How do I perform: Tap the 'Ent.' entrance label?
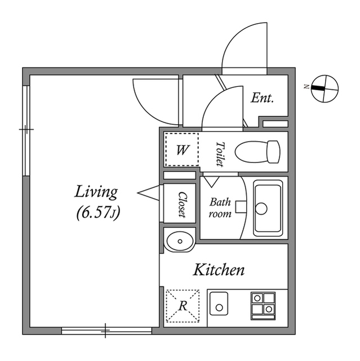tap(262, 98)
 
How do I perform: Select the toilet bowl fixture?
tap(257, 152)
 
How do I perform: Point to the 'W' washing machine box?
tap(181, 150)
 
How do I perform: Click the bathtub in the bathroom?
tap(269, 208)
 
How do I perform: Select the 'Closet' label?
tap(182, 204)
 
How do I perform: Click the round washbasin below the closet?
tap(180, 241)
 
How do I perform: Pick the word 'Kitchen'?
tap(219, 270)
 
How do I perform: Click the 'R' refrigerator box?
tap(183, 306)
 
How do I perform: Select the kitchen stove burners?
tap(263, 305)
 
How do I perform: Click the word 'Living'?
tap(96, 192)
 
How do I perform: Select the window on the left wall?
tap(26, 130)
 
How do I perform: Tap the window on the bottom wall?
tap(106, 331)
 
